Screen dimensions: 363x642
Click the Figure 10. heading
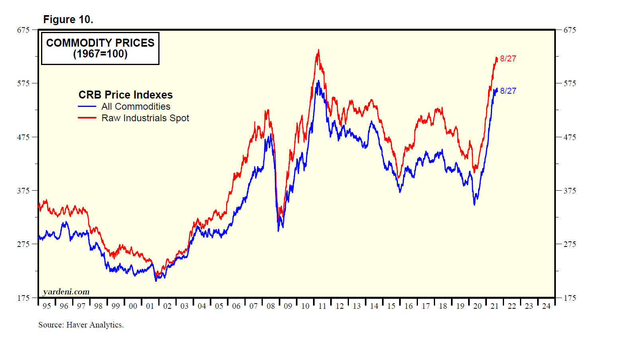coord(68,20)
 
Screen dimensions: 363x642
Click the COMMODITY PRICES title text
coord(100,43)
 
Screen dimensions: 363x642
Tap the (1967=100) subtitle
coord(100,54)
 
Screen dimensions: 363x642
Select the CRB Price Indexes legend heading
coord(125,95)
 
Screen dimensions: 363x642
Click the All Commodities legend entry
coord(136,107)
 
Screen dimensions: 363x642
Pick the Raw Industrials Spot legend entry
coord(145,118)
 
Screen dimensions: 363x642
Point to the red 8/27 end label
coord(508,59)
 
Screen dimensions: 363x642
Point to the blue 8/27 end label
coord(508,91)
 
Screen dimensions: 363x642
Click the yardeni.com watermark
coord(66,292)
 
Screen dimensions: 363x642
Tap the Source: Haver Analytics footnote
coord(81,325)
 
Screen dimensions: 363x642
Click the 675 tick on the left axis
coord(24,30)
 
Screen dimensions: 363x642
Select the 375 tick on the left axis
coord(24,191)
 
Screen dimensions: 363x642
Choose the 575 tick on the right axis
coord(569,83)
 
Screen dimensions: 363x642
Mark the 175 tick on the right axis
coord(569,298)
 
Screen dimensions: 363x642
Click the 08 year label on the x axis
coord(271,306)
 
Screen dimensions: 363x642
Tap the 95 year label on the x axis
coord(47,306)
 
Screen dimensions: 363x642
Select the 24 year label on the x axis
coord(546,306)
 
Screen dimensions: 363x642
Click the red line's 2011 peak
coord(318,50)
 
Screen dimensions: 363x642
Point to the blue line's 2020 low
coord(474,205)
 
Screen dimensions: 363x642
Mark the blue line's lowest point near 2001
coord(156,281)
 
